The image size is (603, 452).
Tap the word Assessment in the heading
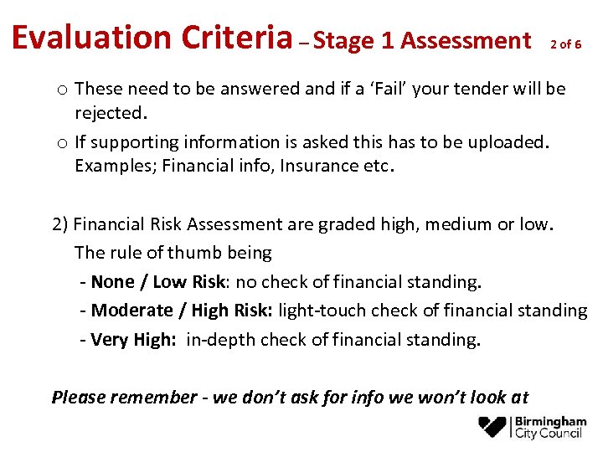pyautogui.click(x=465, y=40)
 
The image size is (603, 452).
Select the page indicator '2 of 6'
pyautogui.click(x=566, y=44)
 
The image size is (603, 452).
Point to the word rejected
pyautogui.click(x=111, y=111)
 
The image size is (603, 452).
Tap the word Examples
pyautogui.click(x=113, y=165)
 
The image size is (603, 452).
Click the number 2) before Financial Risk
pyautogui.click(x=60, y=223)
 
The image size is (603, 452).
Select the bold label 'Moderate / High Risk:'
pyautogui.click(x=181, y=311)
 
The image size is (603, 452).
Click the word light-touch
pyautogui.click(x=322, y=311)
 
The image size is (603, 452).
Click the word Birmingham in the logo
pyautogui.click(x=551, y=421)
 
